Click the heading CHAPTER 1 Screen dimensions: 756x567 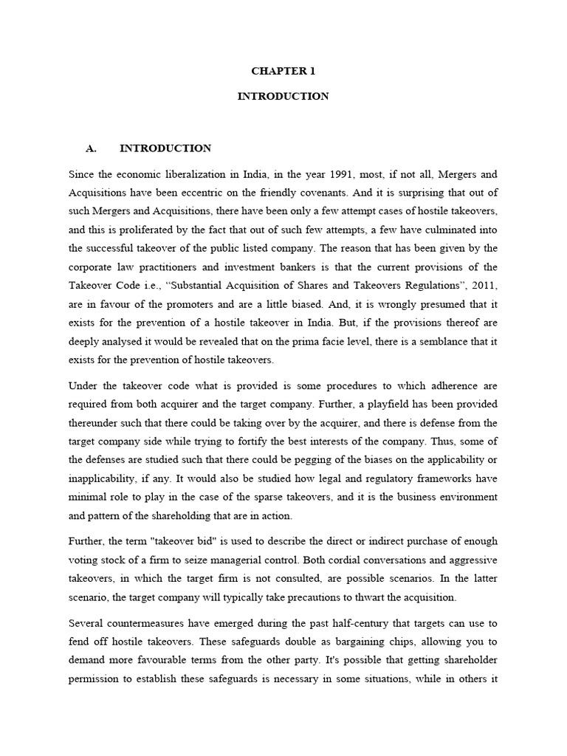click(x=283, y=72)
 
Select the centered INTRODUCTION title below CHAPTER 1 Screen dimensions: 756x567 click(x=283, y=97)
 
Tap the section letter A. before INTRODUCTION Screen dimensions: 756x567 click(x=92, y=148)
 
